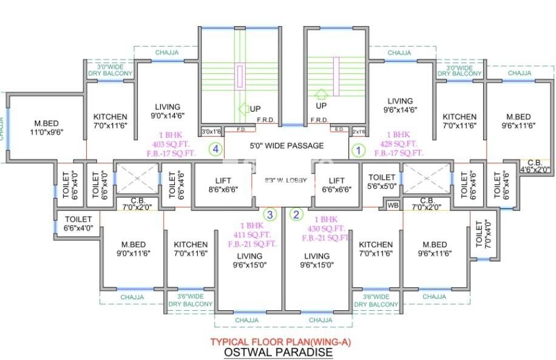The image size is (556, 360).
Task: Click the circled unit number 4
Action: tap(215, 149)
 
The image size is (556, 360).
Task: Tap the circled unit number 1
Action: tap(358, 149)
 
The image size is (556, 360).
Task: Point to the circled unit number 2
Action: tap(296, 214)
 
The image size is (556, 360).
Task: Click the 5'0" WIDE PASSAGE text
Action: tap(286, 146)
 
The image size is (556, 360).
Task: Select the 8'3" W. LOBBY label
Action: tap(286, 180)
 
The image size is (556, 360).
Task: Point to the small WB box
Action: tap(393, 205)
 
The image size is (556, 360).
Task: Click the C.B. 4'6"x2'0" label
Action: tap(535, 166)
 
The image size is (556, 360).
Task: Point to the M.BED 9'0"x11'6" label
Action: tap(132, 249)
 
